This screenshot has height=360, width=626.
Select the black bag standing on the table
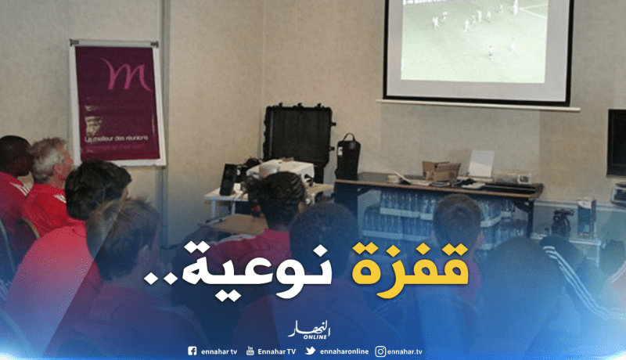coord(347,156)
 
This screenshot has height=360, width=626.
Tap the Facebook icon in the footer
coord(192,351)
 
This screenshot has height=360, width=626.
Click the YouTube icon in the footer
coord(250,351)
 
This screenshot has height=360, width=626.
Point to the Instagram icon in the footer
coord(380,351)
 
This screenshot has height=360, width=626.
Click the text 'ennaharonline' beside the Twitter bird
coord(344,351)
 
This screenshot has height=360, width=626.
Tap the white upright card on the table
coord(481,163)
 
